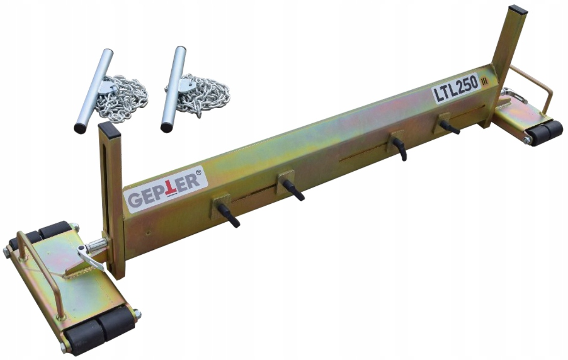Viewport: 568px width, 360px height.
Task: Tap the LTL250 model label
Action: click(x=456, y=89)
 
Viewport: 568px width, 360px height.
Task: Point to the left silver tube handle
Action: click(x=94, y=90)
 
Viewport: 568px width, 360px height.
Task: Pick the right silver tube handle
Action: click(x=174, y=89)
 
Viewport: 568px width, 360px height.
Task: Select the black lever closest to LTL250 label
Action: click(x=450, y=127)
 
